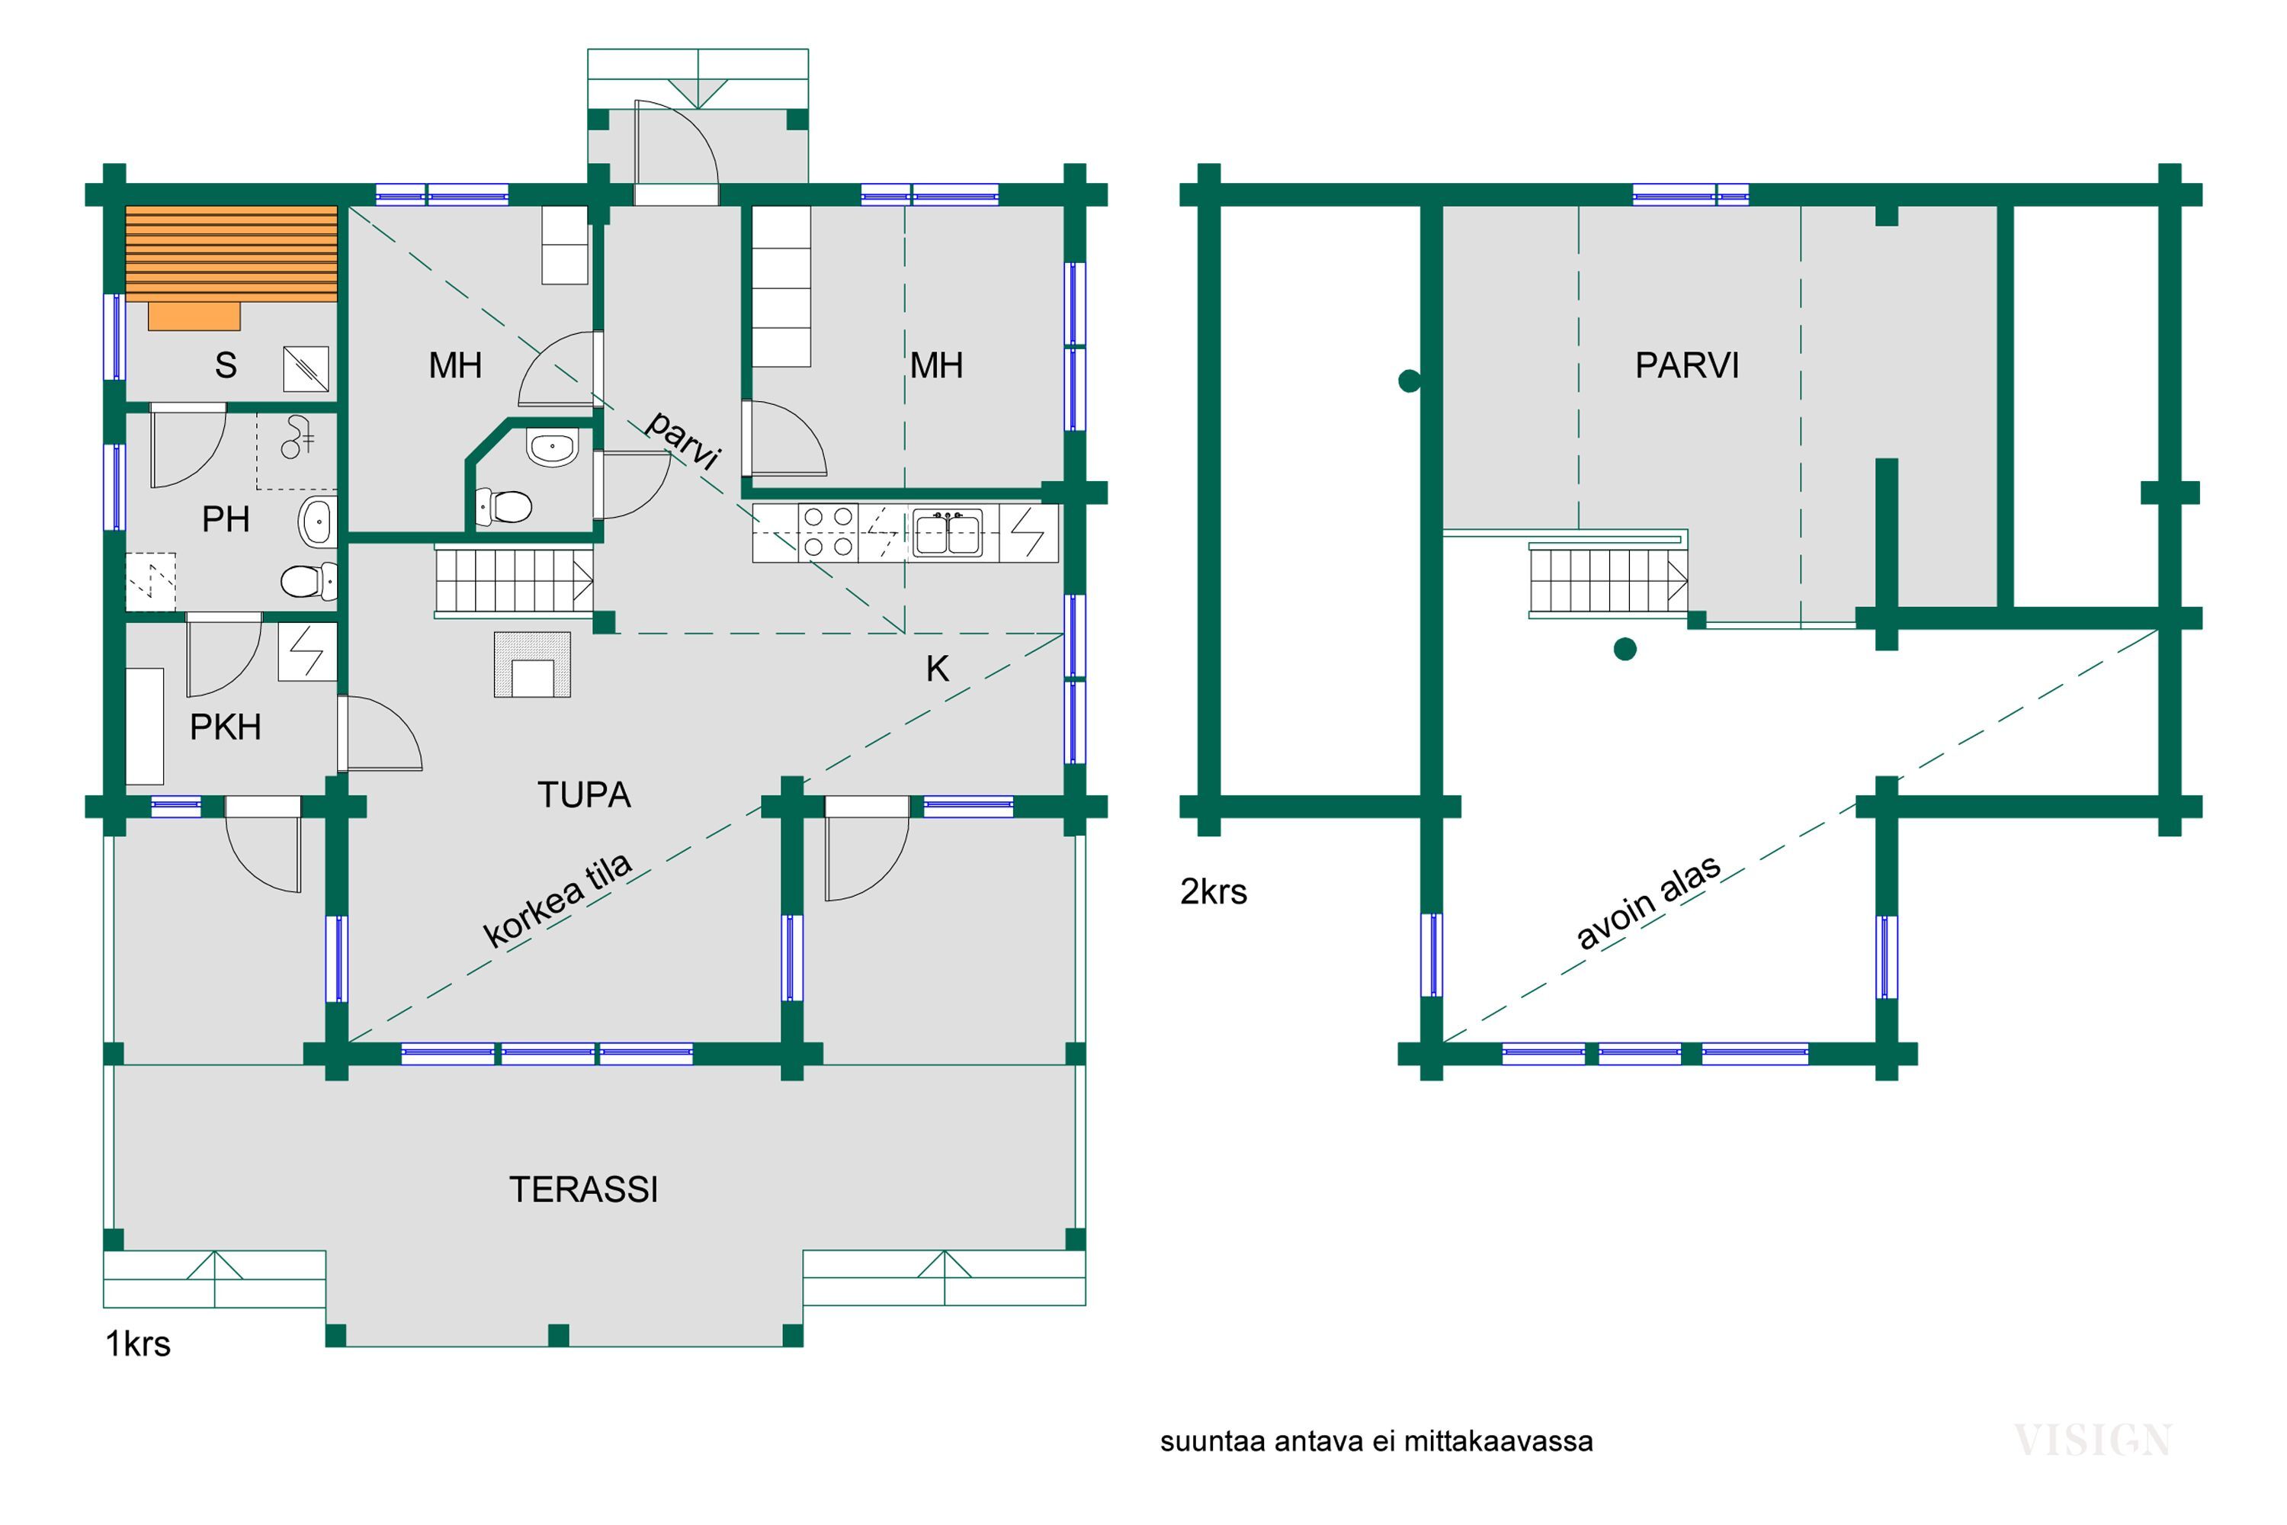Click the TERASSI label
tap(583, 1189)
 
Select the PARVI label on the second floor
tap(1687, 366)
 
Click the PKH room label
tap(226, 727)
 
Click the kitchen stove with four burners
tap(829, 532)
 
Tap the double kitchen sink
tap(947, 533)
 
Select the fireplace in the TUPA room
tap(532, 665)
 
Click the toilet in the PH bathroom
tap(310, 582)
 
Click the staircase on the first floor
tap(513, 582)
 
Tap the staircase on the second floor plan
tap(1609, 580)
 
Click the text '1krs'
tap(138, 1344)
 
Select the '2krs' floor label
tap(1214, 892)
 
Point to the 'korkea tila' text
tap(558, 900)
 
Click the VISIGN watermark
tap(2093, 1440)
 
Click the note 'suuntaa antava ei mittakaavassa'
tap(1377, 1441)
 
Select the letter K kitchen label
tap(938, 669)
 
